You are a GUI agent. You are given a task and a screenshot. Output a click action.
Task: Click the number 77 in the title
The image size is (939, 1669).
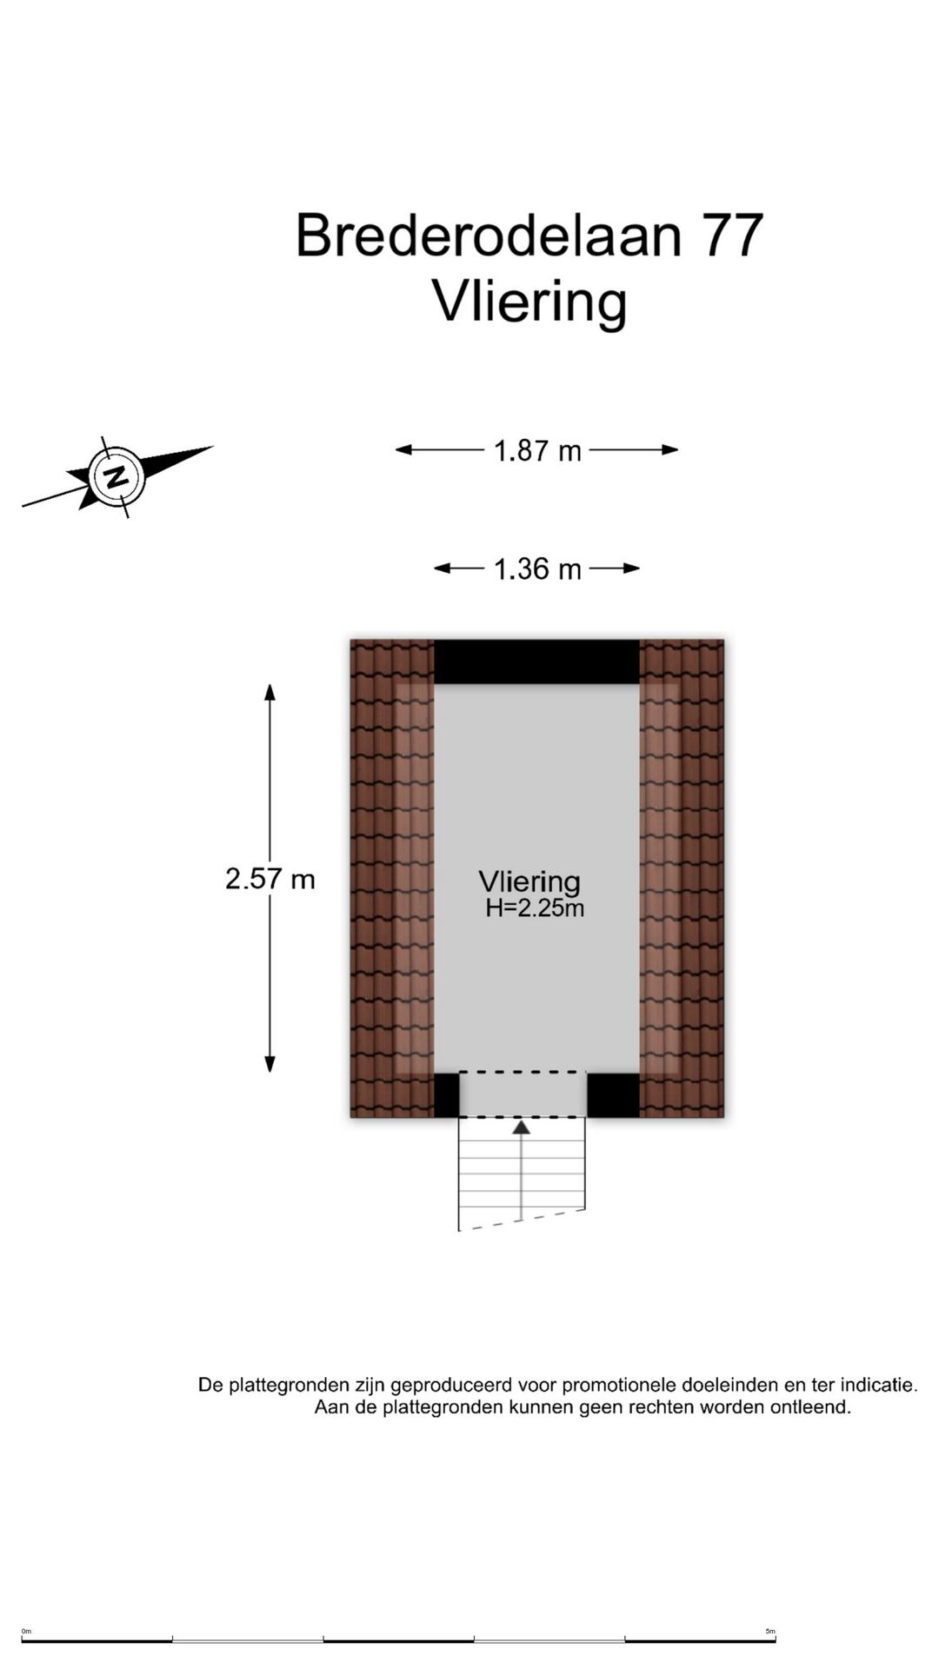(x=734, y=235)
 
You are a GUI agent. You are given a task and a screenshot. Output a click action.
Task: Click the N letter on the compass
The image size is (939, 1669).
(x=116, y=475)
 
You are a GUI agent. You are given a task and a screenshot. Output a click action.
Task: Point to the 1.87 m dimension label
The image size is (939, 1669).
(x=537, y=450)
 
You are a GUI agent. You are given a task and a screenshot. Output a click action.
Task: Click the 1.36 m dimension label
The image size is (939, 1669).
(x=537, y=569)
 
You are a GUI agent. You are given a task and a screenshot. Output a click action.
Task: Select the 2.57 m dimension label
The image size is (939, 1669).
(x=270, y=879)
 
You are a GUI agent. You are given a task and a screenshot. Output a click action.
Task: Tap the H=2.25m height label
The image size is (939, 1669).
(x=535, y=908)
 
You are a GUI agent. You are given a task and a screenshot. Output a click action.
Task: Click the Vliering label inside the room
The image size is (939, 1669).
(x=529, y=882)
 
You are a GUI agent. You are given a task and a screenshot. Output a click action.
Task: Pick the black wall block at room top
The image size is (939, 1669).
(x=536, y=662)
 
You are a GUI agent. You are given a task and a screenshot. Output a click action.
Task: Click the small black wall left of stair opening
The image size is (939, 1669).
(x=446, y=1095)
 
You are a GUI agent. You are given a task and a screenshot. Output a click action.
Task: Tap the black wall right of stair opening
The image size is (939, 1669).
(x=613, y=1095)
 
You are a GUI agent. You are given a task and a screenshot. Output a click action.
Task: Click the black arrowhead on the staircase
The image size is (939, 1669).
(x=521, y=1127)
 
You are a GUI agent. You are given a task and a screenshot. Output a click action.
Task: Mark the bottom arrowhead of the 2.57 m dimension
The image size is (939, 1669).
(x=270, y=1063)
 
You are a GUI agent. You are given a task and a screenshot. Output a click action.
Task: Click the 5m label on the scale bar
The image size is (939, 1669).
(x=770, y=1632)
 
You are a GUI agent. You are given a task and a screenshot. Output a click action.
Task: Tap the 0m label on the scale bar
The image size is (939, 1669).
(x=26, y=1632)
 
